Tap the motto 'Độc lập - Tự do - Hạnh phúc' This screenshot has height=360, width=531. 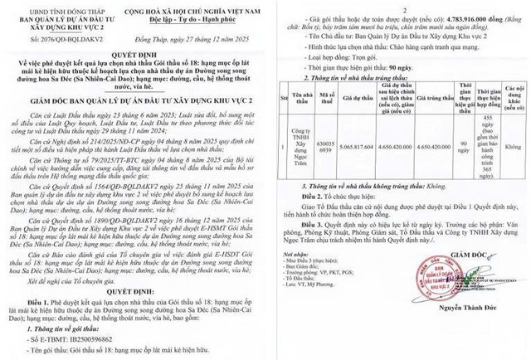[198, 18]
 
